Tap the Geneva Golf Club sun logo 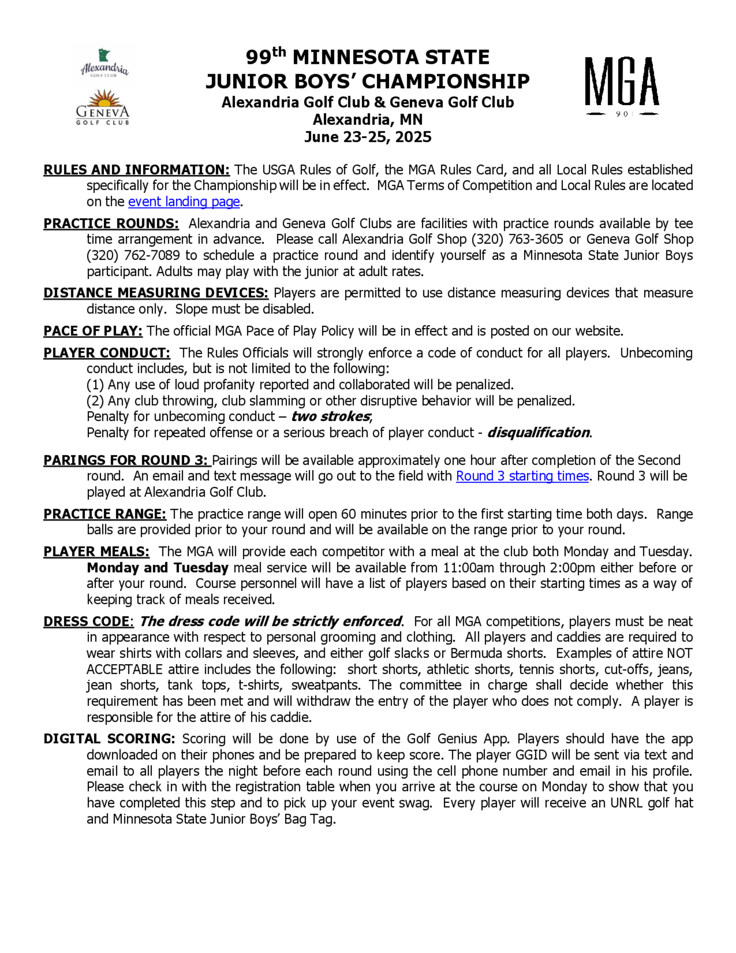tap(103, 108)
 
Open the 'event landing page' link tap(184, 201)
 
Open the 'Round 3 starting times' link tap(522, 476)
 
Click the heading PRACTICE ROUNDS tap(111, 224)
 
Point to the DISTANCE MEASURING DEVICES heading tap(156, 293)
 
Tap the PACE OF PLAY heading tap(93, 331)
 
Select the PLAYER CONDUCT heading tap(106, 352)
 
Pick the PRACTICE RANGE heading tap(105, 514)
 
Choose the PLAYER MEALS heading tap(96, 552)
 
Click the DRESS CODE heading tap(87, 621)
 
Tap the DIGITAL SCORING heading tap(109, 739)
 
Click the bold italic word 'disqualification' tap(538, 432)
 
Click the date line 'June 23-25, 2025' tap(368, 137)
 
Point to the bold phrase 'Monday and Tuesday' tap(158, 568)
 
